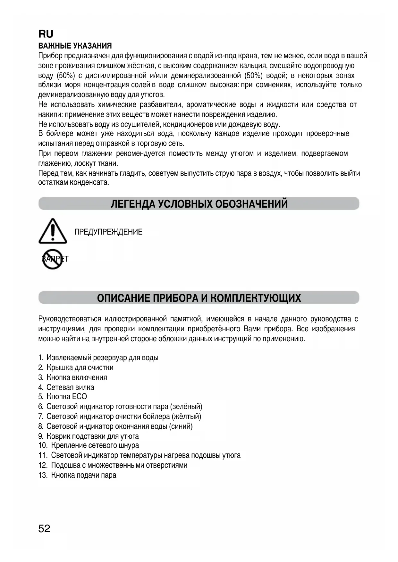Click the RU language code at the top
46,34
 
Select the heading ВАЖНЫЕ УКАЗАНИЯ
75,46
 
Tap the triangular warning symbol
53,231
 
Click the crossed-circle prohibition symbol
53,259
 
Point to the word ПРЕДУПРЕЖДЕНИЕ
108,232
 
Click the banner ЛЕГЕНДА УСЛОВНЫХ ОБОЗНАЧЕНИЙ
199,204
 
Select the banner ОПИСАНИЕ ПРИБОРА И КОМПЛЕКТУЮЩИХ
199,298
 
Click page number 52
44,528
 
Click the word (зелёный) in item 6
186,407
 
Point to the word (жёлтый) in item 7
186,417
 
